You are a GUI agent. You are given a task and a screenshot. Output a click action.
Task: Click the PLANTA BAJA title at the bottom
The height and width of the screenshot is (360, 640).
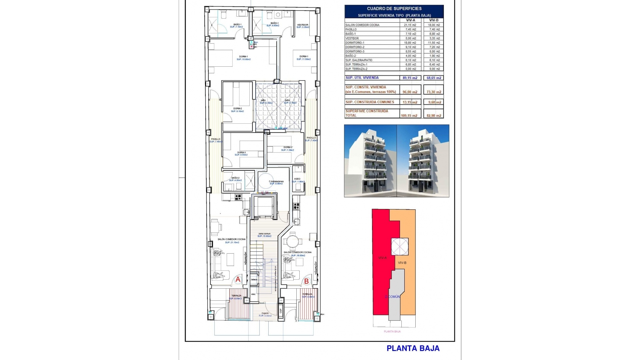[413, 348]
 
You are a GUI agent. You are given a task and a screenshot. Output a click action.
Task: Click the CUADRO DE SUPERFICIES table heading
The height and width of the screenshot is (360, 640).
[394, 9]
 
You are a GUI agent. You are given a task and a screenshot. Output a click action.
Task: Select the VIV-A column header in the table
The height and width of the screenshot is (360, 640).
[410, 20]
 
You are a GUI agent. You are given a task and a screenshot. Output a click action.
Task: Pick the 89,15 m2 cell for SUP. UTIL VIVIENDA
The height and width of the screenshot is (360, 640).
[410, 78]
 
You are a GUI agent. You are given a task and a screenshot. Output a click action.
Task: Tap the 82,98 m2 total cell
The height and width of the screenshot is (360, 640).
[434, 116]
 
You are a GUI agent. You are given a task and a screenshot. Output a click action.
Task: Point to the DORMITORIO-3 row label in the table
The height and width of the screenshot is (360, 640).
[355, 51]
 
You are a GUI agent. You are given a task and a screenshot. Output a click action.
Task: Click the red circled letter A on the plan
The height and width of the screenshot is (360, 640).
[238, 280]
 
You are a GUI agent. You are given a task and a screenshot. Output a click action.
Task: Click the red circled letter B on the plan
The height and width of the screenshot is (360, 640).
[306, 281]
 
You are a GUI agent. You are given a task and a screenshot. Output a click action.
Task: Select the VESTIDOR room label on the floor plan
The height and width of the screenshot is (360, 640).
[302, 25]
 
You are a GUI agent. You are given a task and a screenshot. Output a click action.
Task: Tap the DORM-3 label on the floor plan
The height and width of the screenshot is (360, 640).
[241, 152]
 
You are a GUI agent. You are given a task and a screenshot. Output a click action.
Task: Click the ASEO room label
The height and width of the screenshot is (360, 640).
[297, 179]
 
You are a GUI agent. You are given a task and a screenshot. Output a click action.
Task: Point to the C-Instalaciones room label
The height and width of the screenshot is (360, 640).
[276, 182]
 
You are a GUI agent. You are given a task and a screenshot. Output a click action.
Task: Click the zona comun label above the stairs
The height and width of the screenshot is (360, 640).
[264, 234]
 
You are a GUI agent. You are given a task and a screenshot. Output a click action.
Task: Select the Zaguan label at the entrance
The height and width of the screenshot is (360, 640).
[265, 313]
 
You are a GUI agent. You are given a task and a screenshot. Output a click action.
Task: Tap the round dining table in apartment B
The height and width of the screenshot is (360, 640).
[293, 240]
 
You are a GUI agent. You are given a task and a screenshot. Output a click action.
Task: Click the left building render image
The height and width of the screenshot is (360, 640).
[370, 161]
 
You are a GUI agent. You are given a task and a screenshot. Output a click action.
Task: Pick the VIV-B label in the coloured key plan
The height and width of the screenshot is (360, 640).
[402, 263]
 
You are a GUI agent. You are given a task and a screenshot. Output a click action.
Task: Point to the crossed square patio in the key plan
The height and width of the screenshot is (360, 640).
[399, 247]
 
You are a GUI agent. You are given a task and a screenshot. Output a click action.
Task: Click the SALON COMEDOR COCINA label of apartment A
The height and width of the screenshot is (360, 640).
[231, 239]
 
